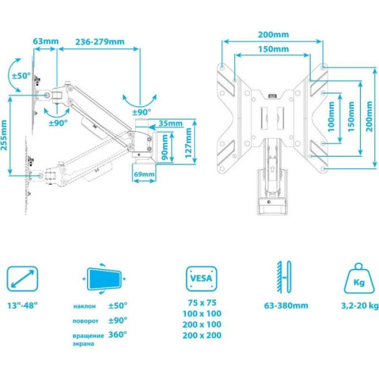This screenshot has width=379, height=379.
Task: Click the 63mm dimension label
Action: click(45, 41)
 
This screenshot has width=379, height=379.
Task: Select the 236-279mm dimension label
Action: click(100, 42)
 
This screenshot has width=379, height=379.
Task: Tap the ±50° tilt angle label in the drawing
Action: click(21, 76)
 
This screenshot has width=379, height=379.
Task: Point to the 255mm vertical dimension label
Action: click(4, 135)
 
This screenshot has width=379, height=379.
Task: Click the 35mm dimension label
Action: click(171, 124)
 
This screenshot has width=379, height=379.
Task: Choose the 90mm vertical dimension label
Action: click(164, 147)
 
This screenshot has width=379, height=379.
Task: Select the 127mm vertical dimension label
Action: click(188, 143)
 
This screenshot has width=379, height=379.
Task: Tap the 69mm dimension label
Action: click(144, 174)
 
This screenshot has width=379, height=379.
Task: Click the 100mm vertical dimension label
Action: click(331, 117)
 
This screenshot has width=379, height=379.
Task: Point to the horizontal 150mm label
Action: click(274, 49)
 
